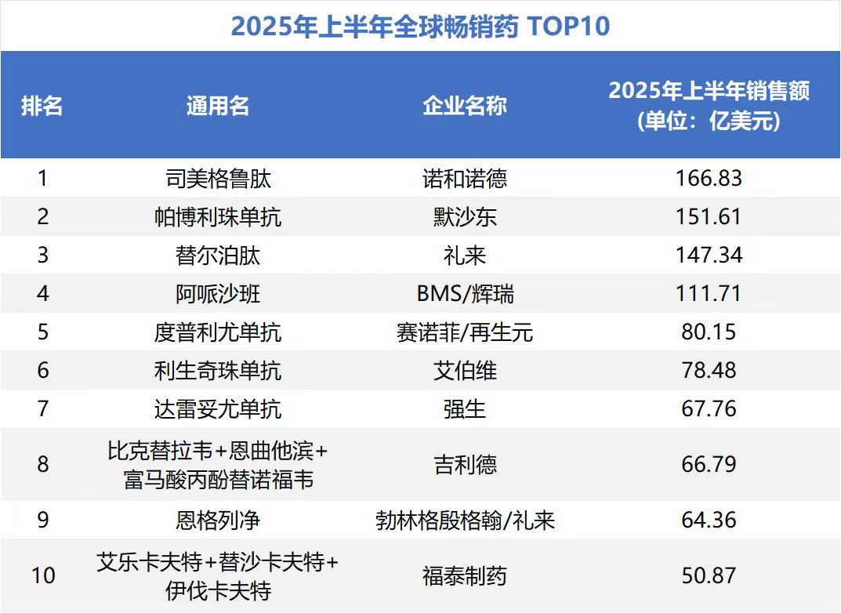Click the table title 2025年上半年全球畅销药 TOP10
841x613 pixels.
[x=420, y=27]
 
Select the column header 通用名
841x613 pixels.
[x=218, y=105]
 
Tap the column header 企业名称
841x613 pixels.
[x=465, y=105]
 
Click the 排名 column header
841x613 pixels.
[x=42, y=105]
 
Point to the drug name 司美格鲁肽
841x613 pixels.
[x=218, y=179]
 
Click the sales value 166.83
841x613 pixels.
[x=709, y=179]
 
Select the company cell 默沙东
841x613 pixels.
[x=465, y=217]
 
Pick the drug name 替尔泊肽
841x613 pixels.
[x=218, y=256]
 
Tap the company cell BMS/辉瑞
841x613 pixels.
[x=465, y=294]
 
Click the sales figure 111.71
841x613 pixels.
[x=709, y=294]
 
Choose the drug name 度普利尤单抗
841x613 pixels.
[x=218, y=332]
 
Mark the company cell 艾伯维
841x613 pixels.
[x=465, y=370]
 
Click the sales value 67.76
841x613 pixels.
[x=709, y=408]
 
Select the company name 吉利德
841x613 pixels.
[x=465, y=465]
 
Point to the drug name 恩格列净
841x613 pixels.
[x=218, y=521]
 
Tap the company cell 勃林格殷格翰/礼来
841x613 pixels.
[x=465, y=521]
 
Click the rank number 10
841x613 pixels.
[x=43, y=576]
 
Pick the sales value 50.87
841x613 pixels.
[x=709, y=576]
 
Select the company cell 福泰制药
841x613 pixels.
[x=465, y=576]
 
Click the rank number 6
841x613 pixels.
[x=43, y=370]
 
